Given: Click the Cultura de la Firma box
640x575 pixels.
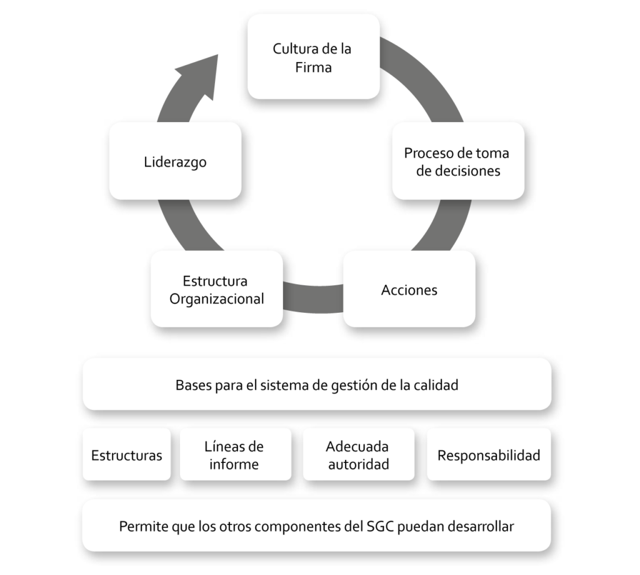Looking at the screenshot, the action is (314, 57).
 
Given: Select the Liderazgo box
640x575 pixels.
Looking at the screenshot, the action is (175, 161).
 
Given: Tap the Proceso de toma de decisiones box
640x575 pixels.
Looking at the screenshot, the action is (458, 161).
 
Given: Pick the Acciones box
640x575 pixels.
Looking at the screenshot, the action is (409, 289).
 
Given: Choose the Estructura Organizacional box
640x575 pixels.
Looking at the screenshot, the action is (217, 289).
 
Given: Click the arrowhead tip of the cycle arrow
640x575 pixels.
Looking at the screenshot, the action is (218, 55).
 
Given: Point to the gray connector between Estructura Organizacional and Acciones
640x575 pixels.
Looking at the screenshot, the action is (313, 298).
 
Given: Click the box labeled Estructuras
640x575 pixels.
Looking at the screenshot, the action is (126, 454).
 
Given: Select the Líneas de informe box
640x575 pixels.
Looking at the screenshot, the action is (236, 454).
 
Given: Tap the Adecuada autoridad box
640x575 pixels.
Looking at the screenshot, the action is (358, 454).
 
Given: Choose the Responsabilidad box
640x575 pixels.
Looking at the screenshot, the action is (489, 454).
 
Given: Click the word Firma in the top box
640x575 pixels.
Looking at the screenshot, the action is (314, 67).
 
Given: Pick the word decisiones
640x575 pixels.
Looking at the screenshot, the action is (458, 171).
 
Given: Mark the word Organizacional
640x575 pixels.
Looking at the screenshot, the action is (217, 298).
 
